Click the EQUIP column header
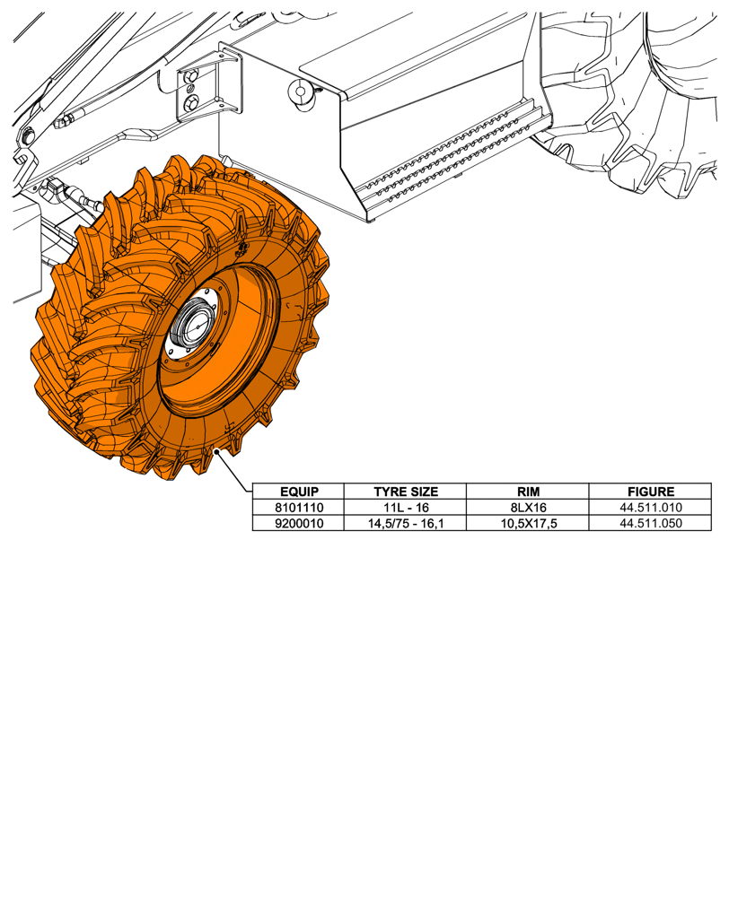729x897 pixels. pos(298,492)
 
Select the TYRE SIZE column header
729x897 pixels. pos(405,492)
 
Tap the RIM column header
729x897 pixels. pos(527,492)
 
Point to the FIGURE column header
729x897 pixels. pos(650,492)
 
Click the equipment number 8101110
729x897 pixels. pos(298,508)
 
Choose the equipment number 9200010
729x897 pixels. pos(298,523)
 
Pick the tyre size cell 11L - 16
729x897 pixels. pos(405,508)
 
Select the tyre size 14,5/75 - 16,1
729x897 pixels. pos(405,523)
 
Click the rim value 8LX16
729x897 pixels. pos(527,508)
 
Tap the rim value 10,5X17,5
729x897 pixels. pos(527,523)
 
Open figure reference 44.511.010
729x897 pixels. pos(650,508)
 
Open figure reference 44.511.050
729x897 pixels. pos(650,523)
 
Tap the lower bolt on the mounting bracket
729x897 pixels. pos(191,105)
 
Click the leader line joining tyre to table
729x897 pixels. pos(235,471)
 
